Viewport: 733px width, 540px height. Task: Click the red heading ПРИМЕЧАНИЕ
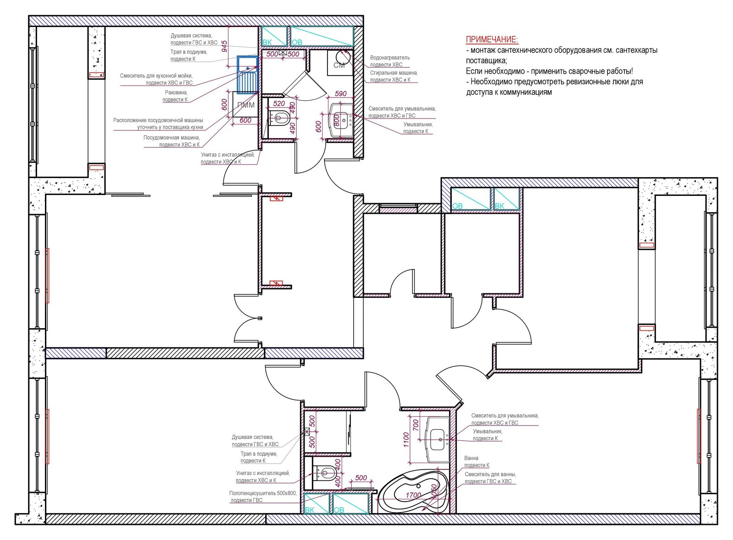pyautogui.click(x=492, y=39)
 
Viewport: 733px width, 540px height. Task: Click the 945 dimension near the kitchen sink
pyautogui.click(x=224, y=47)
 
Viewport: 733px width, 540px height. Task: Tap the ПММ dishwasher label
pyautogui.click(x=246, y=105)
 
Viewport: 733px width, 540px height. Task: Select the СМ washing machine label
pyautogui.click(x=339, y=65)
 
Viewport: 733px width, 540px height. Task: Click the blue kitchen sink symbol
pyautogui.click(x=248, y=73)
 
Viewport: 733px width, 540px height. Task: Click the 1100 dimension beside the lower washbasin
pyautogui.click(x=406, y=440)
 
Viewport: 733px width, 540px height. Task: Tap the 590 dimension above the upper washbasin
pyautogui.click(x=341, y=94)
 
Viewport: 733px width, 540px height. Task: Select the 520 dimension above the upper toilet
pyautogui.click(x=279, y=103)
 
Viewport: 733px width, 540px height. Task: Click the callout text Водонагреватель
pyautogui.click(x=390, y=58)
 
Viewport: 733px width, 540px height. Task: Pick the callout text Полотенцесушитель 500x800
pyautogui.click(x=263, y=493)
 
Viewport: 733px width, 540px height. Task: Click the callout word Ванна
pyautogui.click(x=471, y=458)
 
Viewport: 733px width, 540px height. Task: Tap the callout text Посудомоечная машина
pyautogui.click(x=171, y=138)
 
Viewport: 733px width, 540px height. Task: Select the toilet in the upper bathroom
pyautogui.click(x=279, y=117)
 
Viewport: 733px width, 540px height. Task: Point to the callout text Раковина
pyautogui.click(x=176, y=92)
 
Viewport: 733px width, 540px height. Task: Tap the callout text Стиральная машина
pyautogui.click(x=394, y=73)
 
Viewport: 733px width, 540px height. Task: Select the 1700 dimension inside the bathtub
pyautogui.click(x=413, y=495)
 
